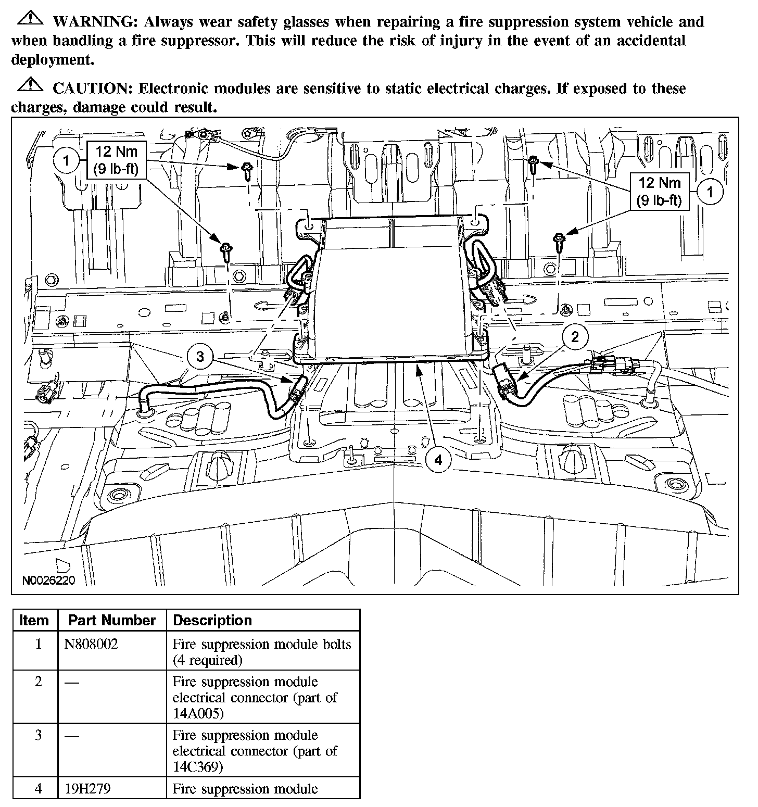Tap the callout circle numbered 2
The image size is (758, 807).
coord(575,337)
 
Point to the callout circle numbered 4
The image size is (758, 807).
coord(438,460)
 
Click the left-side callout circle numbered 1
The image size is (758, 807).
coord(67,160)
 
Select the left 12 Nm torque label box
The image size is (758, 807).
coord(117,160)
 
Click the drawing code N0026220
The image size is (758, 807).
coord(48,580)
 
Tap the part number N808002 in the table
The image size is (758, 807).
coord(92,645)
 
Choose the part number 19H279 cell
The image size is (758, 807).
coord(87,789)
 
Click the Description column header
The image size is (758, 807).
coord(212,621)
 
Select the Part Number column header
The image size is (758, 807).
coord(112,621)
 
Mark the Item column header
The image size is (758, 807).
coord(34,621)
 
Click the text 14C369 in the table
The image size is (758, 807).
coord(198,767)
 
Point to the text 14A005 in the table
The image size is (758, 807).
coord(198,713)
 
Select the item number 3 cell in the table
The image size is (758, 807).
coord(38,736)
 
